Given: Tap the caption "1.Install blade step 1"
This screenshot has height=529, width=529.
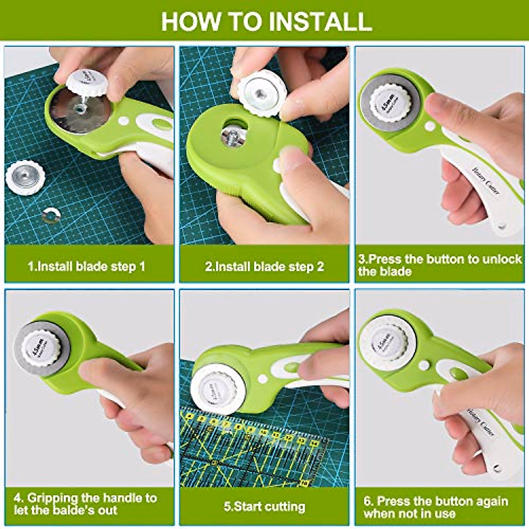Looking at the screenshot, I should coord(86,266).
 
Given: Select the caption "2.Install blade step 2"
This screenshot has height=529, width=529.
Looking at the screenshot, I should coord(264,266).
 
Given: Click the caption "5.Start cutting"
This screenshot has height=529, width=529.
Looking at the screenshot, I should coord(264,507).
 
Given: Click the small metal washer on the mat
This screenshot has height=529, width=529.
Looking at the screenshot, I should coord(51,215).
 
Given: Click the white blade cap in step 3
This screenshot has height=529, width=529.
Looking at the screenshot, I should coord(390,104).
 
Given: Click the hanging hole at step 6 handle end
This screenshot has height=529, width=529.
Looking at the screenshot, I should coord(497,468).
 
